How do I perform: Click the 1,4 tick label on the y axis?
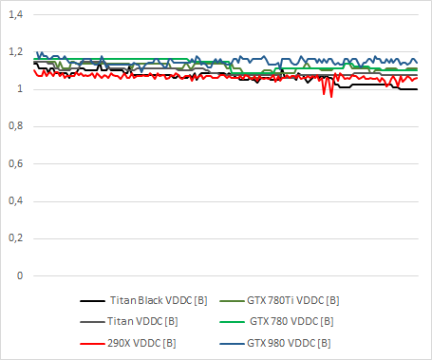coord(17,15)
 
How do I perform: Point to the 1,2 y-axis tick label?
coord(17,52)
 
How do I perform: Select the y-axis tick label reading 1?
coord(21,89)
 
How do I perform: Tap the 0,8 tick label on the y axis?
coord(17,126)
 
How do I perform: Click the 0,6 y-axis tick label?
coord(17,163)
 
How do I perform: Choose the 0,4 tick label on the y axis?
coord(17,200)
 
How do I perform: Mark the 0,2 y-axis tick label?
coord(17,238)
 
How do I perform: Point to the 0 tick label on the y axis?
coord(21,275)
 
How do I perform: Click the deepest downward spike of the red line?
coord(330,97)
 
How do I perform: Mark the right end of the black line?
coord(417,89)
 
